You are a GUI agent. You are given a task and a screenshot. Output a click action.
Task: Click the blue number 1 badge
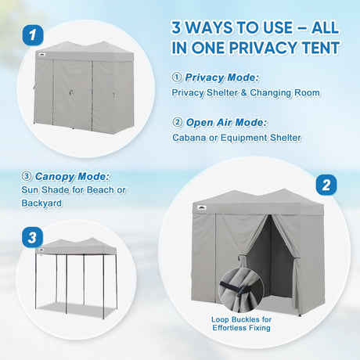click(33, 35)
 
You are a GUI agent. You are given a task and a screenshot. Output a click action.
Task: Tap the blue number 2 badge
click(326, 185)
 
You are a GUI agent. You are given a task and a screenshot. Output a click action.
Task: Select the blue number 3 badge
click(32, 237)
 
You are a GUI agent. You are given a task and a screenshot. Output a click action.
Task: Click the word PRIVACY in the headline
click(263, 48)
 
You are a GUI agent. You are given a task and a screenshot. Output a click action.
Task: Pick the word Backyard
click(41, 203)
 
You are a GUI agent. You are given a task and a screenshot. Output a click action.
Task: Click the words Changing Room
click(285, 92)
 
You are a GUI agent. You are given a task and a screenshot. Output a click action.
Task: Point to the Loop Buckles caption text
click(241, 323)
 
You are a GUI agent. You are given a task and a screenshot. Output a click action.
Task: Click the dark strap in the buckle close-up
click(234, 287)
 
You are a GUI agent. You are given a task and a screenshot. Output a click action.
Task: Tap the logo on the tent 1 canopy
click(42, 55)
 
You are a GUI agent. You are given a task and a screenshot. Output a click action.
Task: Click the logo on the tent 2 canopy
click(201, 207)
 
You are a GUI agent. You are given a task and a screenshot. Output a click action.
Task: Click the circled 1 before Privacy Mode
click(177, 77)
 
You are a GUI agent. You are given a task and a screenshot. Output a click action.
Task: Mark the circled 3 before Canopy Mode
click(27, 177)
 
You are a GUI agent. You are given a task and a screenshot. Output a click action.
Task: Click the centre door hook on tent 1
click(71, 92)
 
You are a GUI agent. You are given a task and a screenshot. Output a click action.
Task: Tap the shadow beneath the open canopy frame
click(76, 311)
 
